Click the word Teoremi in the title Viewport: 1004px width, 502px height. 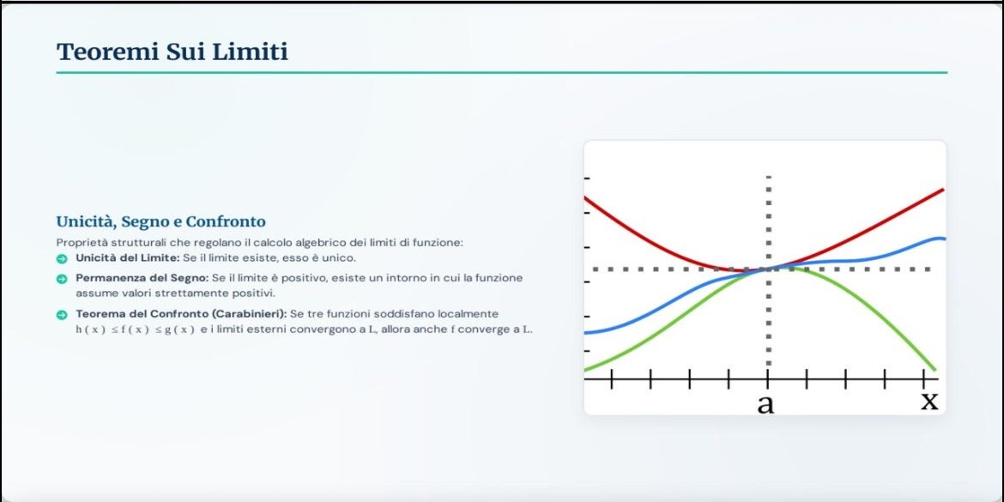tap(107, 51)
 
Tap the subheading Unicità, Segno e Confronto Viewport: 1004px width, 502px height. tap(160, 221)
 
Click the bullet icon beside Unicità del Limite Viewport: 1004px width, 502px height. tap(62, 258)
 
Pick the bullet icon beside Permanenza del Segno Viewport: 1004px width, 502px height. tap(62, 279)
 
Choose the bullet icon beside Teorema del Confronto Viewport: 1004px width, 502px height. tap(62, 314)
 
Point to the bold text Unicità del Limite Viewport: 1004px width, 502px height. tap(127, 258)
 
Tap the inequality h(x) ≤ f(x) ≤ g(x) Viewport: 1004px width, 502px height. tap(135, 330)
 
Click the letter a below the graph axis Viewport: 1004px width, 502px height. tap(765, 403)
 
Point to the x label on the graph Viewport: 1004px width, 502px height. tap(929, 400)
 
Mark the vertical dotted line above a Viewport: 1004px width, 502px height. tap(768, 269)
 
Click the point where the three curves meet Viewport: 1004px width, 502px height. tap(768, 269)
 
